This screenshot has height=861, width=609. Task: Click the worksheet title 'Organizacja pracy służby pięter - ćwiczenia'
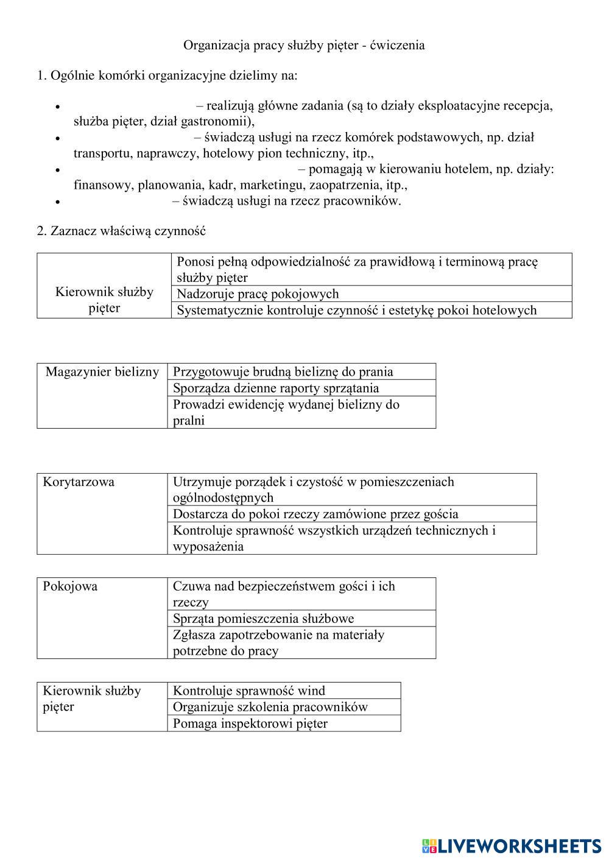[x=304, y=45]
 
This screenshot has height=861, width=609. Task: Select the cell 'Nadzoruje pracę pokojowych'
[x=258, y=294]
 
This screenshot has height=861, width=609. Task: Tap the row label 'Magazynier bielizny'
[x=102, y=372]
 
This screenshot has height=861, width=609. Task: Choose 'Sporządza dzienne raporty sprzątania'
[x=275, y=388]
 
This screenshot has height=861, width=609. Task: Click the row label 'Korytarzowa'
[x=79, y=482]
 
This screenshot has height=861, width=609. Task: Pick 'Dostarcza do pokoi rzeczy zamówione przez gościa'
[x=315, y=514]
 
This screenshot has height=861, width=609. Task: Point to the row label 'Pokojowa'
[x=70, y=586]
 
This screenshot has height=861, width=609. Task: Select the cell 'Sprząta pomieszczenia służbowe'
[x=263, y=619]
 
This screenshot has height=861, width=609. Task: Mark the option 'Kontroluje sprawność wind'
[x=248, y=691]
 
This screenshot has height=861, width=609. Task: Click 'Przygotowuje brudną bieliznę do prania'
[x=283, y=372]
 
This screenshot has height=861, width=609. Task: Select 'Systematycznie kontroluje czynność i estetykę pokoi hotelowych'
[x=356, y=311]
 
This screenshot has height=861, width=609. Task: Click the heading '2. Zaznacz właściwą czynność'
[x=121, y=231]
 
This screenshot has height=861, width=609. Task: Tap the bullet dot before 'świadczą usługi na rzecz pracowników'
[x=57, y=202]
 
